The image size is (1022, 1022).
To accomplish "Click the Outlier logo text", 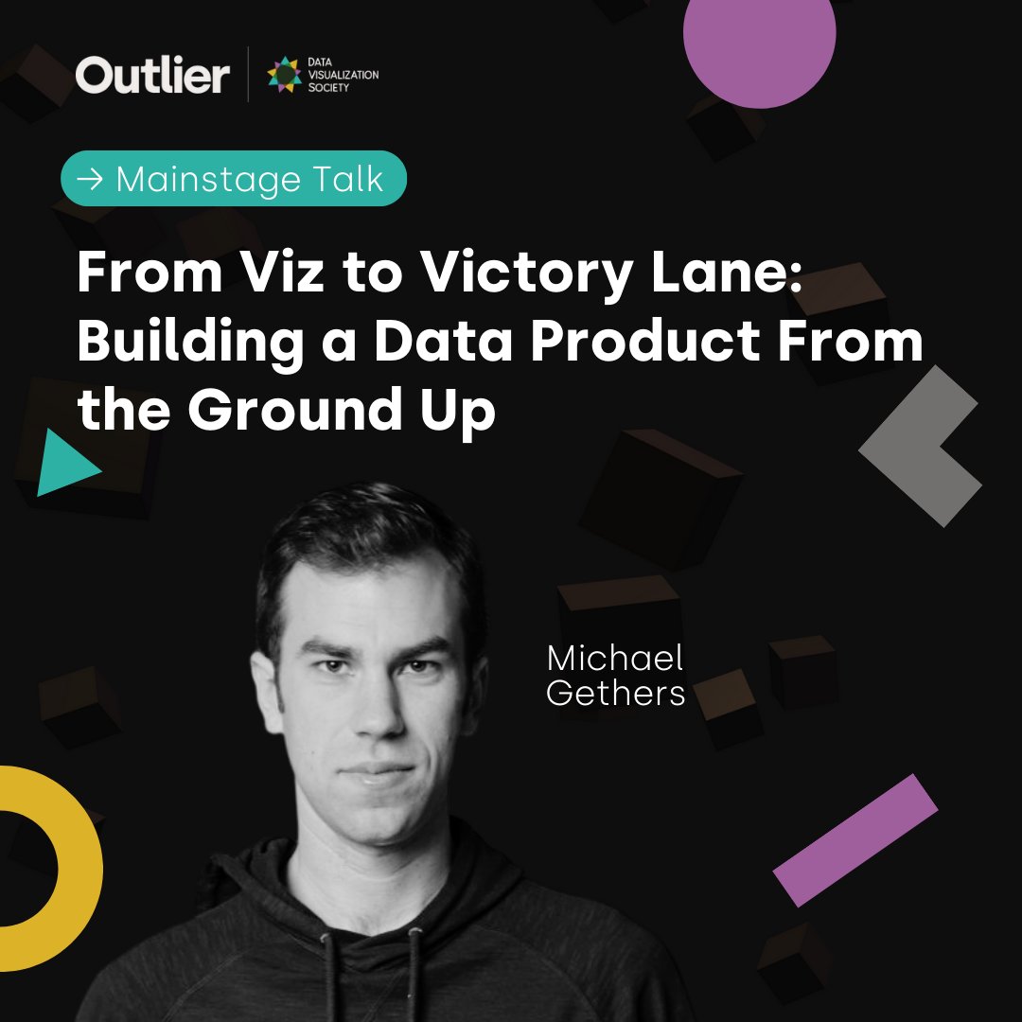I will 152,75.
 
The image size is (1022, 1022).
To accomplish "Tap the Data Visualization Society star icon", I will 284,75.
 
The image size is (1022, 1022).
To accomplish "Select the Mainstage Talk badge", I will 234,178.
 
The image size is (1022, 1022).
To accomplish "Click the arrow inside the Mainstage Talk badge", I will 90,179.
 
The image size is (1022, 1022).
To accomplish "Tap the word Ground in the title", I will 298,411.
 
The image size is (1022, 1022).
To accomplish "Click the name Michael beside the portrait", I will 615,660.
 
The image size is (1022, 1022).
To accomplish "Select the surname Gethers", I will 616,694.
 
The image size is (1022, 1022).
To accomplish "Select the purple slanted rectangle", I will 855,839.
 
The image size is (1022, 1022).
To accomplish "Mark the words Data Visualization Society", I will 342,75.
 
